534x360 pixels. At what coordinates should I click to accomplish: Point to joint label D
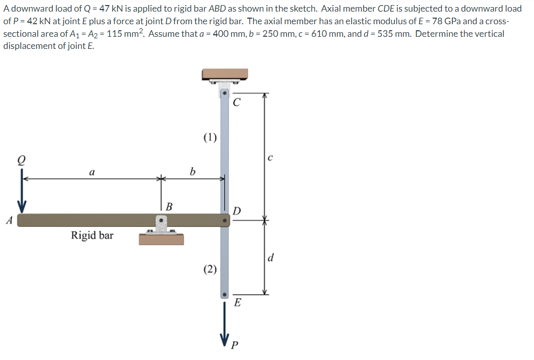point(237,210)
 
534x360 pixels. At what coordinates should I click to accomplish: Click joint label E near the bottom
point(238,303)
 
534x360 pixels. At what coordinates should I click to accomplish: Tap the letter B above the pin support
point(169,206)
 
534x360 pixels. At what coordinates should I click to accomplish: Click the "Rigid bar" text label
point(92,235)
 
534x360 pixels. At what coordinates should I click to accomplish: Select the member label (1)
point(210,137)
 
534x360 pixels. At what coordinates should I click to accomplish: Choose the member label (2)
point(210,269)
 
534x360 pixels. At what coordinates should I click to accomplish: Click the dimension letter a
point(91,172)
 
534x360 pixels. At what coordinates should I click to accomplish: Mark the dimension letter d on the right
point(271,259)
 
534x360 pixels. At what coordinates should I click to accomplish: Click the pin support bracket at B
point(161,224)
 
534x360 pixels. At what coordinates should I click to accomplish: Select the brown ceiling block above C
point(225,74)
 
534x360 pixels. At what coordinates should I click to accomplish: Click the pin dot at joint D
point(225,220)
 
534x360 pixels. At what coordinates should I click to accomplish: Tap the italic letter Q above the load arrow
point(22,159)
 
